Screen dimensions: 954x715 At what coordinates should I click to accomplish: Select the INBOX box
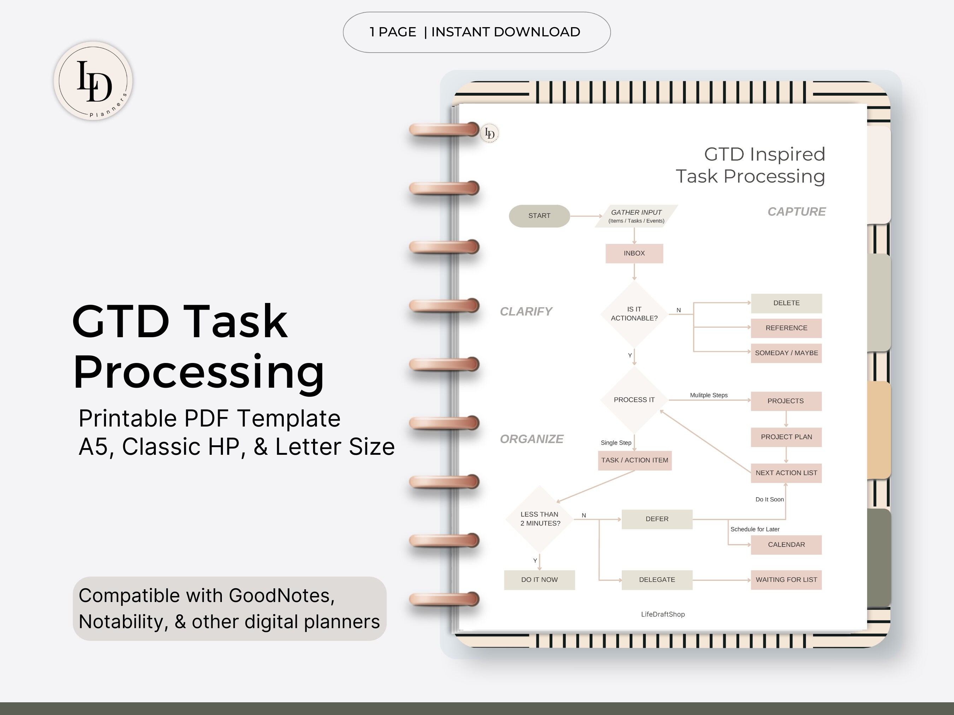[x=634, y=254]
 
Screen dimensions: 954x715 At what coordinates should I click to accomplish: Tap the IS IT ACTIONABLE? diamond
[x=634, y=314]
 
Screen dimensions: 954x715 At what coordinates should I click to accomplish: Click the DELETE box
[x=786, y=303]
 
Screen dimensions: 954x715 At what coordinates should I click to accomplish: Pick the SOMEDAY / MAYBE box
[x=786, y=353]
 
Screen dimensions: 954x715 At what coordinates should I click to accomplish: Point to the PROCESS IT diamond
[x=634, y=400]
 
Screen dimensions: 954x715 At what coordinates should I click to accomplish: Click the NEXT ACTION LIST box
[x=786, y=473]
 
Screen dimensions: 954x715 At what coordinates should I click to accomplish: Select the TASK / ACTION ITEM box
[x=635, y=460]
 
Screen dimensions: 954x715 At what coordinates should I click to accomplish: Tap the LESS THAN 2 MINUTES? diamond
[x=540, y=519]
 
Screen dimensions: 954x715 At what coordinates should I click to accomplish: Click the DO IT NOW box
[x=539, y=580]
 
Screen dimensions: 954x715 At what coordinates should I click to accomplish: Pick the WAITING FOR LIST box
[x=786, y=580]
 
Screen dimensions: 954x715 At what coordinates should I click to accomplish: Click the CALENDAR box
[x=786, y=545]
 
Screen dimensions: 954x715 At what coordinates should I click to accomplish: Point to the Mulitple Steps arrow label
[x=708, y=395]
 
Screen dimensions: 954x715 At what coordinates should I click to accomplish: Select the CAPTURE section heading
[x=796, y=211]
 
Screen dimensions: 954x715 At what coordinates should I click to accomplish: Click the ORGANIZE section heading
[x=531, y=439]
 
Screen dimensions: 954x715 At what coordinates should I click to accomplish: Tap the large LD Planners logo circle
[x=93, y=81]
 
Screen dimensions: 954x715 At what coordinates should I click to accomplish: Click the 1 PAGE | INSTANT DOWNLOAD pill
[x=477, y=32]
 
